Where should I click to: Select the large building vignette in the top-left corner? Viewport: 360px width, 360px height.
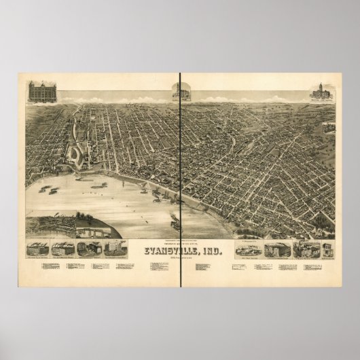(x=38, y=92)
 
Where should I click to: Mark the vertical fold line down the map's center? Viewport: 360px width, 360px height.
(x=180, y=170)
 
